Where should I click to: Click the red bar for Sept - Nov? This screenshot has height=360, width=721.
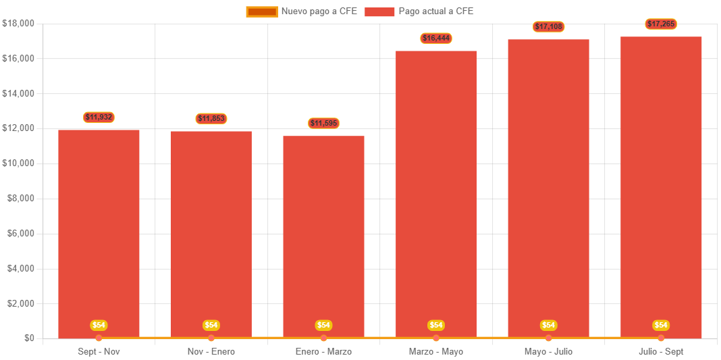[x=99, y=233]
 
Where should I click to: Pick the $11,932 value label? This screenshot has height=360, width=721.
[x=99, y=118]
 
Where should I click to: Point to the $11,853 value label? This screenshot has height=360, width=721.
[x=211, y=119]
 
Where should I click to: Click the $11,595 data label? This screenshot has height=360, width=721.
[x=323, y=124]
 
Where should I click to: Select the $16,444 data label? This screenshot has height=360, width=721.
[x=436, y=38]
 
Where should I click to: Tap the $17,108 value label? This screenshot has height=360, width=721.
[x=548, y=27]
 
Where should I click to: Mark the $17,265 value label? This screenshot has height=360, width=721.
[x=661, y=24]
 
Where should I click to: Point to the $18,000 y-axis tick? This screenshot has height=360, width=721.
[x=18, y=24]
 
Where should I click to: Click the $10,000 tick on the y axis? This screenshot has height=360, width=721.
[x=18, y=163]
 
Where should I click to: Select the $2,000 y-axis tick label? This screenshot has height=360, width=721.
[x=20, y=303]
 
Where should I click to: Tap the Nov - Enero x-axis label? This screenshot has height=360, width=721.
[x=211, y=352]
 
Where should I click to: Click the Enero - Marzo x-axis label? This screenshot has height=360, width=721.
[x=323, y=352]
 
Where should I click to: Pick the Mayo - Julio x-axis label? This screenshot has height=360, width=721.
[x=548, y=352]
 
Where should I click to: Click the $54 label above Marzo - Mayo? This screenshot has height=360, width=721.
[x=436, y=326]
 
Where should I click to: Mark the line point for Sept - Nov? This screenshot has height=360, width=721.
[x=99, y=338]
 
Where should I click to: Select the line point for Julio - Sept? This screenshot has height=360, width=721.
[x=661, y=338]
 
